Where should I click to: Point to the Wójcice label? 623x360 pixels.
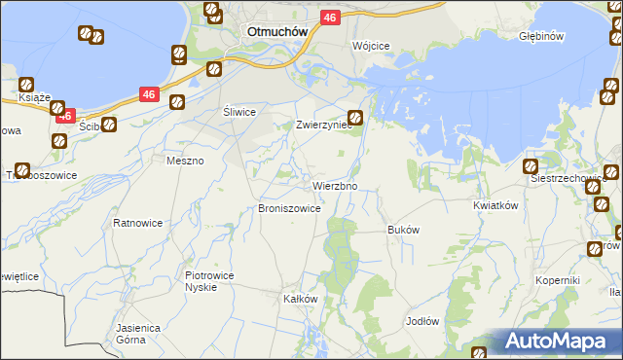coord(371,47)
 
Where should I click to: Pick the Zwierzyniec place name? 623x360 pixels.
coord(321,126)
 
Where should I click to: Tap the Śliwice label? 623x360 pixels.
coord(238,112)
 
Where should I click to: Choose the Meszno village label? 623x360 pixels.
coord(185,161)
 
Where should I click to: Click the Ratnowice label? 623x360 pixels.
coord(137,223)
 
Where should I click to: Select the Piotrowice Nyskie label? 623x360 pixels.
coord(209,281)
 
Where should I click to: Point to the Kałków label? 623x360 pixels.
coord(300,299)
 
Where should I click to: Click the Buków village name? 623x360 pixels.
coord(403,231)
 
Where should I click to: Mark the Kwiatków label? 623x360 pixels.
coord(494,206)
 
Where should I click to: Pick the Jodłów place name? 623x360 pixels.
coord(423,321)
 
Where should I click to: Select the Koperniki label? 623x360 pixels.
coord(558,280)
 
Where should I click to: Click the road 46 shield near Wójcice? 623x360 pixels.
coord(330,18)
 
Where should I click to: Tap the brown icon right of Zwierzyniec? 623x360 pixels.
coord(356,118)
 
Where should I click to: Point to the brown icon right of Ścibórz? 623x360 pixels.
coord(109,125)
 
